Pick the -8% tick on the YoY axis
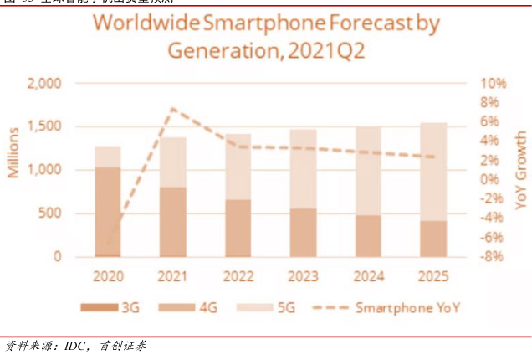tap(493, 256)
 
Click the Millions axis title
tap(14, 153)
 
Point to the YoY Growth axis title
tap(520, 170)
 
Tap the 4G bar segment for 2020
tap(107, 209)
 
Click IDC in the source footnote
tap(76, 346)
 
